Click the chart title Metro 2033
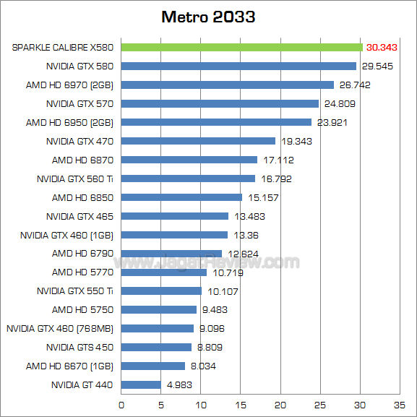click(x=208, y=17)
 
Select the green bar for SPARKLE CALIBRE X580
click(x=241, y=47)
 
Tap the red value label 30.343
click(x=382, y=47)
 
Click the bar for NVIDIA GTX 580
click(x=238, y=66)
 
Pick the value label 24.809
click(x=341, y=103)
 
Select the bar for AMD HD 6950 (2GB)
click(x=216, y=122)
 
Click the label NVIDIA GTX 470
click(x=79, y=141)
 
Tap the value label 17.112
click(x=280, y=160)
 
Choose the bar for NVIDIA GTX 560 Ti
click(x=188, y=179)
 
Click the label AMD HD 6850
click(x=82, y=197)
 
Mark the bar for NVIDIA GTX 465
click(x=174, y=216)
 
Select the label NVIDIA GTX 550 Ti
click(x=75, y=291)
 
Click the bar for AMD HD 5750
click(x=158, y=310)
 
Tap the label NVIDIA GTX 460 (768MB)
click(x=60, y=329)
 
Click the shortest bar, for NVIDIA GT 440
click(x=140, y=385)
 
